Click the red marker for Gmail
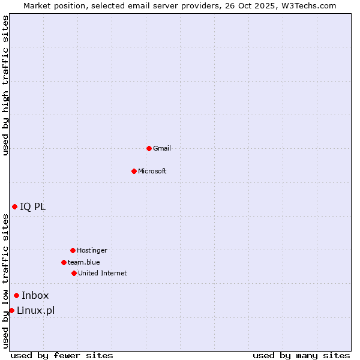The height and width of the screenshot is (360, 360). tap(149, 148)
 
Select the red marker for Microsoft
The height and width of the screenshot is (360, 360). tap(134, 171)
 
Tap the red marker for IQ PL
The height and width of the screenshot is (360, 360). tap(14, 206)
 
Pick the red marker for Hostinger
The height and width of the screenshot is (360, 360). tap(73, 250)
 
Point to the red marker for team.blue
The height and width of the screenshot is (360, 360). tap(64, 262)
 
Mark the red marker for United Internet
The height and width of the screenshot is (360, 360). tap(74, 273)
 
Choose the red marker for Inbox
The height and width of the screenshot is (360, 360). tap(16, 295)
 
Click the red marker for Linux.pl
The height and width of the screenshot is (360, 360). tap(11, 310)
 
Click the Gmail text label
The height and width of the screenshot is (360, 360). tap(162, 148)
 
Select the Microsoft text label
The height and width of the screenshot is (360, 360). tap(152, 171)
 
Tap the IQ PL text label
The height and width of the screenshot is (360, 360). tap(32, 206)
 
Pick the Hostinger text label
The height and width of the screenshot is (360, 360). tap(92, 250)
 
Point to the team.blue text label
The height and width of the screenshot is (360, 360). tap(84, 262)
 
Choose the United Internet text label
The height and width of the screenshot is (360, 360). tap(103, 273)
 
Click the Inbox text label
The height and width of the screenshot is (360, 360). tap(35, 295)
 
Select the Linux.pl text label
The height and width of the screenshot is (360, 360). tap(35, 310)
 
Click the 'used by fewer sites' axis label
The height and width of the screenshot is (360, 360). tap(62, 355)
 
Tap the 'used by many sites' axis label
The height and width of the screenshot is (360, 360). tap(301, 355)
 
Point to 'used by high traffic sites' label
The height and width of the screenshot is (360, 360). tap(6, 85)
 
